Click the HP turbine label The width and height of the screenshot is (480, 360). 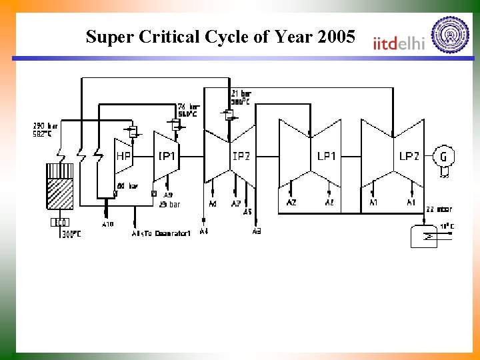(123, 157)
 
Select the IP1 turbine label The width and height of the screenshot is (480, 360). (167, 156)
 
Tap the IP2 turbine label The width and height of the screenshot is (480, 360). (241, 156)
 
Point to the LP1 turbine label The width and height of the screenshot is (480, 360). (327, 156)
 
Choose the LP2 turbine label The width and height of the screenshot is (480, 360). (409, 156)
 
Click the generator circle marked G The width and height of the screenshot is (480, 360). (443, 156)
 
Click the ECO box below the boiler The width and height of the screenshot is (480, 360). (59, 222)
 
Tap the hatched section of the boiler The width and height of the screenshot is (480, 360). (61, 194)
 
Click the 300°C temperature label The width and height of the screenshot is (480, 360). (71, 234)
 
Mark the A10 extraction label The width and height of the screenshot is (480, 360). (107, 224)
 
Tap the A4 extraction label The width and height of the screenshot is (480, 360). (203, 231)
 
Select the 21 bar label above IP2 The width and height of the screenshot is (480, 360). (240, 93)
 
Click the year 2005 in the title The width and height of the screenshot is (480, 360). (337, 37)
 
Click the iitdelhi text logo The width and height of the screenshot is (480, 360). (399, 42)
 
